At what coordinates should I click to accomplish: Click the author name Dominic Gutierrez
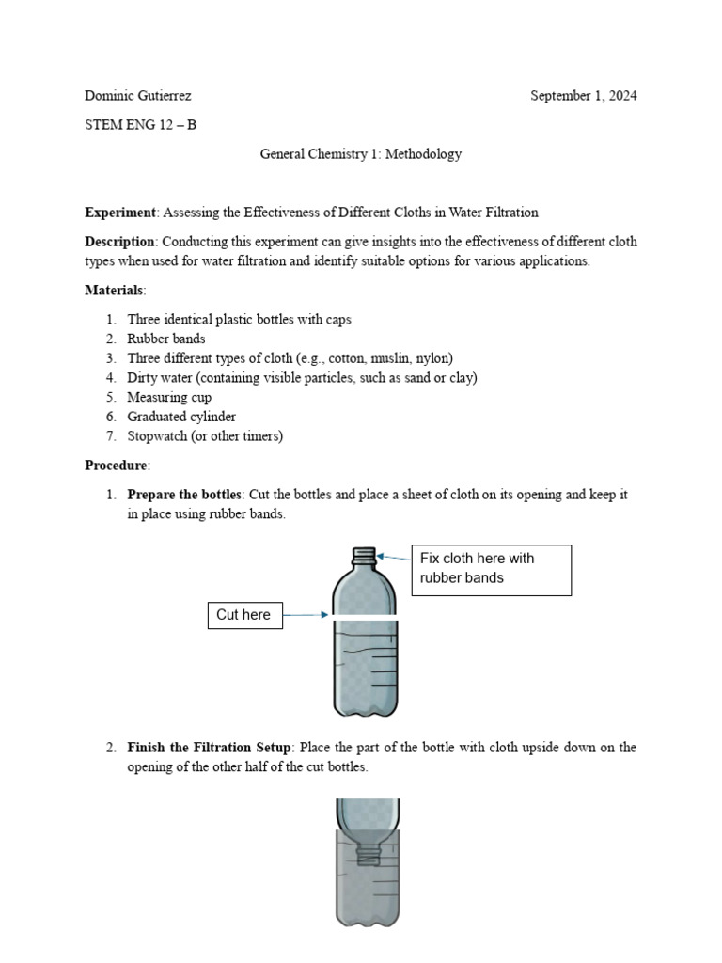[138, 96]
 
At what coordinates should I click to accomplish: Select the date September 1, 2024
[583, 96]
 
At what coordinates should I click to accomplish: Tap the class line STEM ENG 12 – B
[141, 125]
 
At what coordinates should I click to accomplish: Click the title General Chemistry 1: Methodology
[361, 154]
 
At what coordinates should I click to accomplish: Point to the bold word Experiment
[120, 213]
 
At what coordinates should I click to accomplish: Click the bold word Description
[119, 242]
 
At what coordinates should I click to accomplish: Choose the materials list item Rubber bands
[166, 339]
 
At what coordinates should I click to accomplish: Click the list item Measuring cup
[169, 397]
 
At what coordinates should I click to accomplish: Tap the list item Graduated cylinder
[181, 417]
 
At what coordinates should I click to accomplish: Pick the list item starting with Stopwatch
[205, 436]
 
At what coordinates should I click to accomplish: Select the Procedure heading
[117, 466]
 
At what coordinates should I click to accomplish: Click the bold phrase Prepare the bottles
[184, 495]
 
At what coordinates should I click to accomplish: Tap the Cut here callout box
[244, 615]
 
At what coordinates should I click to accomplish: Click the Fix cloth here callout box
[491, 569]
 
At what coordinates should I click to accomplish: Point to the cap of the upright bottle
[363, 555]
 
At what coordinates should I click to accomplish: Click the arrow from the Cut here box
[305, 615]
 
